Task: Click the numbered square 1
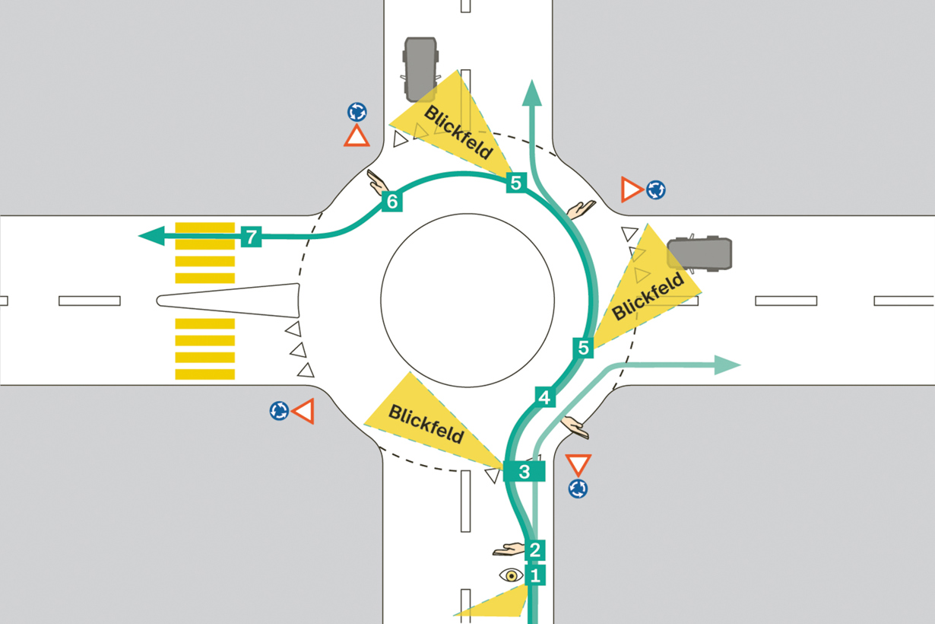(x=535, y=576)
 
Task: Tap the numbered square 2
(x=535, y=549)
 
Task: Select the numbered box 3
(x=525, y=472)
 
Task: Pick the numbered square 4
(x=545, y=397)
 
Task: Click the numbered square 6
(x=392, y=202)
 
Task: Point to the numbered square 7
(x=251, y=237)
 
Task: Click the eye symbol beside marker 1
(x=512, y=575)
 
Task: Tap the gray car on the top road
(x=420, y=69)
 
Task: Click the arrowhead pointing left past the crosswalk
(x=151, y=236)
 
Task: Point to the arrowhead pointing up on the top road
(x=532, y=93)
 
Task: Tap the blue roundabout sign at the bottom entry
(x=578, y=489)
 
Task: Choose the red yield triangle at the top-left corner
(x=357, y=135)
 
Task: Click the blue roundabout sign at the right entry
(x=656, y=189)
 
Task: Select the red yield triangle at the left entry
(x=303, y=411)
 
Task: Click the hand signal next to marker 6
(x=377, y=182)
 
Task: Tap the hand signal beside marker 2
(x=509, y=549)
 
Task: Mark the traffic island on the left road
(x=228, y=301)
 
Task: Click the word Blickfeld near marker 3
(x=426, y=424)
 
